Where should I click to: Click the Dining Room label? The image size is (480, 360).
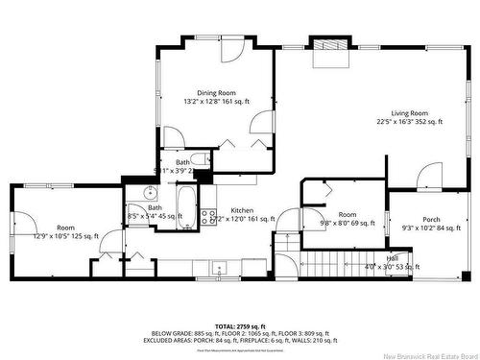216,92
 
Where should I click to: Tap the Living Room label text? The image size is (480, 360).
409,112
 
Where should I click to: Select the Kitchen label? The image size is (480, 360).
241,210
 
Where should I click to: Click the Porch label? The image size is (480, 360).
431,220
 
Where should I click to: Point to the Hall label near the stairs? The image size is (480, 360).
393,258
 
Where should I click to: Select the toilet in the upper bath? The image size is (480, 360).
200,160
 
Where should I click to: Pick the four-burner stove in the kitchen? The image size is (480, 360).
208,215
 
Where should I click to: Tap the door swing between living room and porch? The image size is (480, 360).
430,176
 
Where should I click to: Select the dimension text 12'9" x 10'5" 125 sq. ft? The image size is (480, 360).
65,236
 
